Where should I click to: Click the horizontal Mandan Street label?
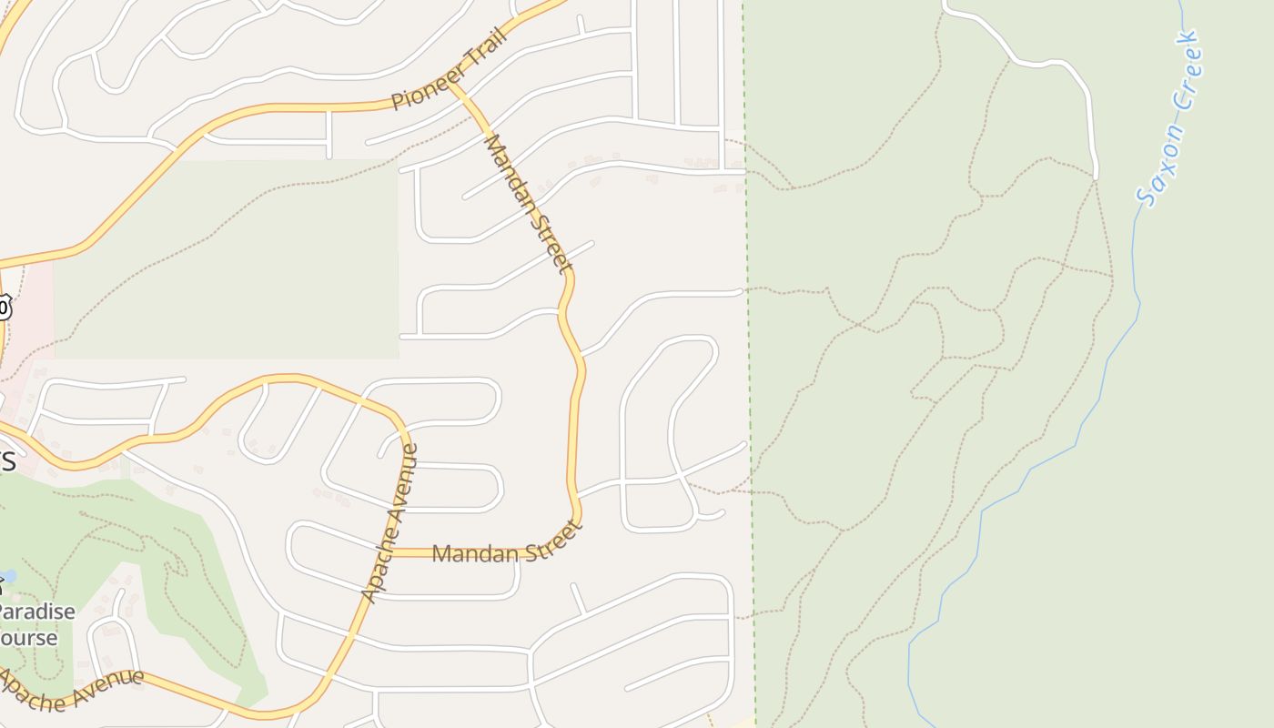pos(506,544)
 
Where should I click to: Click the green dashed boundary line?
pos(748,364)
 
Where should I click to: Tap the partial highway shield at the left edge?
pos(4,308)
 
